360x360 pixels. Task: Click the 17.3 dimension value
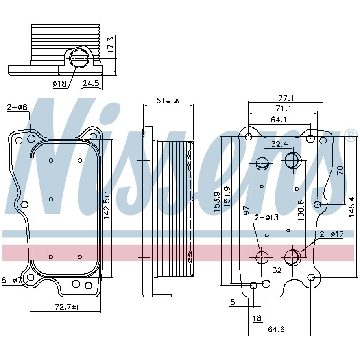click(x=111, y=46)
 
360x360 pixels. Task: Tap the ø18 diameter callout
click(x=60, y=83)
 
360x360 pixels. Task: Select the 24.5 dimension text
click(x=90, y=83)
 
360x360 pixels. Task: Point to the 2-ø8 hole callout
click(x=17, y=107)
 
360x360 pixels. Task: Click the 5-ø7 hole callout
click(x=12, y=281)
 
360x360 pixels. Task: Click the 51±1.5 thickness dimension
click(x=168, y=101)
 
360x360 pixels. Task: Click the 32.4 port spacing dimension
click(x=279, y=144)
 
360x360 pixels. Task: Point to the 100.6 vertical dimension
click(x=301, y=211)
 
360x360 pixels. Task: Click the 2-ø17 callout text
click(x=331, y=234)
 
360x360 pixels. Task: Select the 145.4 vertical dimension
click(x=352, y=207)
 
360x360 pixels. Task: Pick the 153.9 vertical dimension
click(x=217, y=202)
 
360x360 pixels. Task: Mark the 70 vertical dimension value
click(x=340, y=170)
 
